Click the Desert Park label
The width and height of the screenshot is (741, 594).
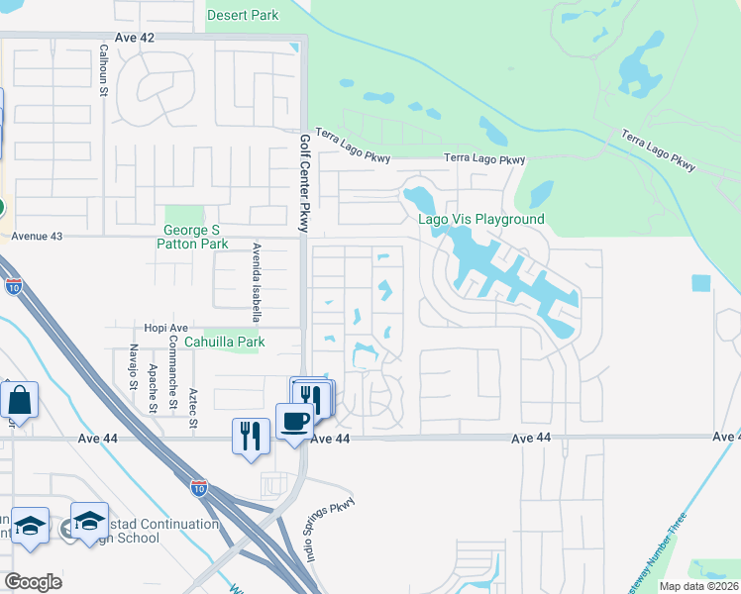tap(243, 15)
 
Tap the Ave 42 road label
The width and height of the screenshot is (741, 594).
tap(135, 38)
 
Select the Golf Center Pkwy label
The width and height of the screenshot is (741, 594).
tap(305, 183)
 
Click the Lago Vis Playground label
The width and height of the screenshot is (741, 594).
tap(480, 219)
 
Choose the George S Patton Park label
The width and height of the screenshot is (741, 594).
tap(195, 237)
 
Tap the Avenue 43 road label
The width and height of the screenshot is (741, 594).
tap(36, 237)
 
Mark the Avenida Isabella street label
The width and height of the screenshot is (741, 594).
tap(257, 283)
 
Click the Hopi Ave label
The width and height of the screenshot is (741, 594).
tap(164, 327)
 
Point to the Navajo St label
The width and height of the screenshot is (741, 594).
tap(132, 387)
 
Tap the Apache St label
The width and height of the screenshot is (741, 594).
tap(152, 387)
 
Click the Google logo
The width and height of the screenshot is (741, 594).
tap(33, 582)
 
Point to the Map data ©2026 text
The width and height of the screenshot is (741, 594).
tap(698, 586)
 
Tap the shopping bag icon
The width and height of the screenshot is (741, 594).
tap(20, 401)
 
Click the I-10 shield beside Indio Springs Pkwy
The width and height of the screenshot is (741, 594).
tap(200, 486)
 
